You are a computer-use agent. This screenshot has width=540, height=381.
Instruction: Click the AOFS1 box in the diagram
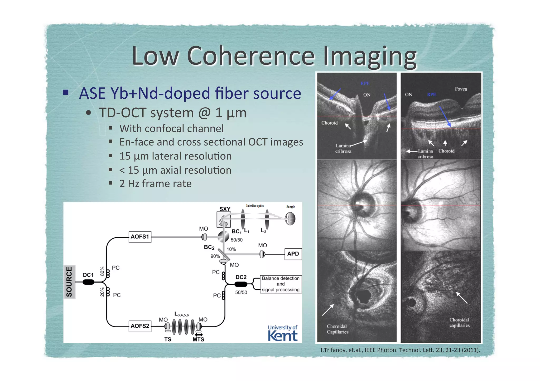tap(140, 237)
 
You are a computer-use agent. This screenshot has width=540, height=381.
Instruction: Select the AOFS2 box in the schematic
tap(140, 326)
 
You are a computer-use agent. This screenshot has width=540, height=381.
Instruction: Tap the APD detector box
tap(293, 254)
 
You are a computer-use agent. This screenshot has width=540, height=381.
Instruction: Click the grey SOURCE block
tap(69, 282)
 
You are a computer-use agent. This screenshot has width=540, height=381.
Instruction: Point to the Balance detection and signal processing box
tap(281, 284)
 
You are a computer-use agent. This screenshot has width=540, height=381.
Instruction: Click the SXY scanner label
tap(225, 209)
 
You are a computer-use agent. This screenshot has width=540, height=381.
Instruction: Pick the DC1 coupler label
tap(88, 275)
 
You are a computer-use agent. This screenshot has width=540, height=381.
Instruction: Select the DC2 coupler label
tap(241, 277)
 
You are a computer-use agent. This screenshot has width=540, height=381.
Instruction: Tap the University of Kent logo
tap(282, 333)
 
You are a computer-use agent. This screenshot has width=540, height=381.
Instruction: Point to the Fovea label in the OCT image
tap(461, 89)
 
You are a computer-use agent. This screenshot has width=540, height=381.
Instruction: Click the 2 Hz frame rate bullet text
tap(155, 184)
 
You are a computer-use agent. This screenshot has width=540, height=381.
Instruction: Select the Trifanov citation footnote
tap(400, 350)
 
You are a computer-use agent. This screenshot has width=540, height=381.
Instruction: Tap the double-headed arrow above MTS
tap(199, 334)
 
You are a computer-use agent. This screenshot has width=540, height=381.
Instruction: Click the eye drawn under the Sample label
tap(290, 219)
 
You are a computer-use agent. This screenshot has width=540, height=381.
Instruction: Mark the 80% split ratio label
tap(102, 271)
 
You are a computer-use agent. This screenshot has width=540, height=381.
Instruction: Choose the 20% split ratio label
tap(102, 292)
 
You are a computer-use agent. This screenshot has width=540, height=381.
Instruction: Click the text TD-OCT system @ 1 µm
tap(173, 113)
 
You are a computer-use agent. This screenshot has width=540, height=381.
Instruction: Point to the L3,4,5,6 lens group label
tap(181, 314)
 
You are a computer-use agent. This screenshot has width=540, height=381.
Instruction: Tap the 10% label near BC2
tap(231, 249)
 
